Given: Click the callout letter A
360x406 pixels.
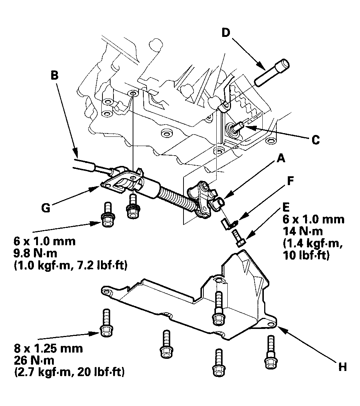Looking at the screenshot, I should tap(280, 159).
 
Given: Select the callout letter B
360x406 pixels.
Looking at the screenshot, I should tap(54, 76).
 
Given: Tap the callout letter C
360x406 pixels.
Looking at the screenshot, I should tap(315, 140).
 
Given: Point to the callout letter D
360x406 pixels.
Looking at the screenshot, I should tap(226, 32).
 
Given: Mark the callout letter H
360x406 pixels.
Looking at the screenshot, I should tap(342, 367).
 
